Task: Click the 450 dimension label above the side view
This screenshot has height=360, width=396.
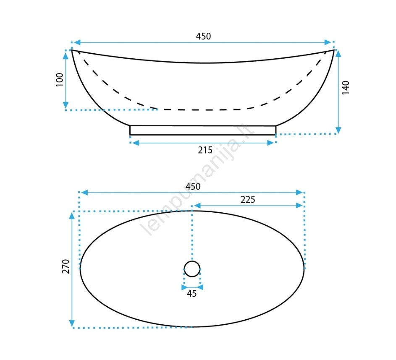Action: click(x=203, y=37)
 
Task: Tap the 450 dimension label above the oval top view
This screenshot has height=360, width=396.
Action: click(x=193, y=186)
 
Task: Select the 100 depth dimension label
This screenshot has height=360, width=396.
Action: click(x=60, y=80)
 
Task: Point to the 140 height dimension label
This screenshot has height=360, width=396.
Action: click(x=346, y=88)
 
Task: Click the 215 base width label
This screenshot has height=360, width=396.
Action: click(x=205, y=150)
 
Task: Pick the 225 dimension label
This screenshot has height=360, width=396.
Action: click(x=248, y=200)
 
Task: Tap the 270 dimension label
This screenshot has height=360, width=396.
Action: click(x=66, y=266)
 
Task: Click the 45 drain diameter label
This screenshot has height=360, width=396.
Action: click(x=191, y=293)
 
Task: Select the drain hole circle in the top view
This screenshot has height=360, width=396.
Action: click(x=192, y=261)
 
